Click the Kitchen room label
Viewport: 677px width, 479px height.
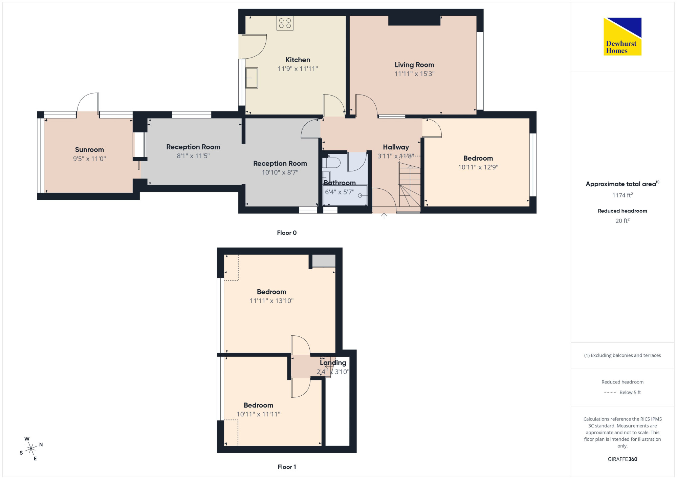click(298, 60)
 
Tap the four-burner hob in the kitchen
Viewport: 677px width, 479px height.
click(285, 23)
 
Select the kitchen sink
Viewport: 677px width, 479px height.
click(252, 78)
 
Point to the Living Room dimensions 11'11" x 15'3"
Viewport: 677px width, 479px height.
click(414, 74)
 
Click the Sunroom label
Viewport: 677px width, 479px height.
click(89, 150)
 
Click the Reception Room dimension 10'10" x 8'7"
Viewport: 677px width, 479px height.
click(280, 172)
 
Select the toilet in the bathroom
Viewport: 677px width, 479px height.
click(331, 163)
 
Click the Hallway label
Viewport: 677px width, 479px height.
click(396, 147)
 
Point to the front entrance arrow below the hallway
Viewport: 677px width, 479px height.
click(384, 216)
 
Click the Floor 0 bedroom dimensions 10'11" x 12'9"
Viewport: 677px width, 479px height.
click(478, 167)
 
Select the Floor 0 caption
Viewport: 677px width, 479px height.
click(287, 233)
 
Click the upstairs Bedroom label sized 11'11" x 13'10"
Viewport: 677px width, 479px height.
click(271, 292)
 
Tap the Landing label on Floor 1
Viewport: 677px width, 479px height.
click(333, 363)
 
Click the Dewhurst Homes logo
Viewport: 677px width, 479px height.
click(623, 36)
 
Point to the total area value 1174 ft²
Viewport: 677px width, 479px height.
click(623, 195)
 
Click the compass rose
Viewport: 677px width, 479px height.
click(31, 449)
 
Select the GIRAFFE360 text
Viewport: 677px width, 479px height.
click(623, 459)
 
